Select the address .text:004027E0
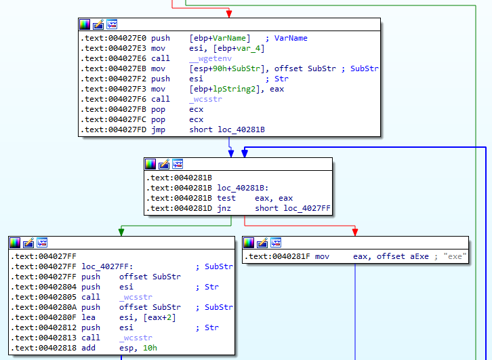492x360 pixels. pyautogui.click(x=112, y=38)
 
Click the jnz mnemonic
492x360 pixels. pyautogui.click(x=224, y=208)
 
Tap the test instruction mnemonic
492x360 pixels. pyautogui.click(x=226, y=198)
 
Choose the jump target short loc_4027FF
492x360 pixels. pyautogui.click(x=293, y=208)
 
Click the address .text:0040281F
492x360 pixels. pyautogui.click(x=278, y=256)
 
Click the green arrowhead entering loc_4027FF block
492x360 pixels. pyautogui.click(x=121, y=232)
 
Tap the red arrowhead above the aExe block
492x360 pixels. pyautogui.click(x=355, y=232)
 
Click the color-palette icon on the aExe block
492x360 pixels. pyautogui.click(x=249, y=243)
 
